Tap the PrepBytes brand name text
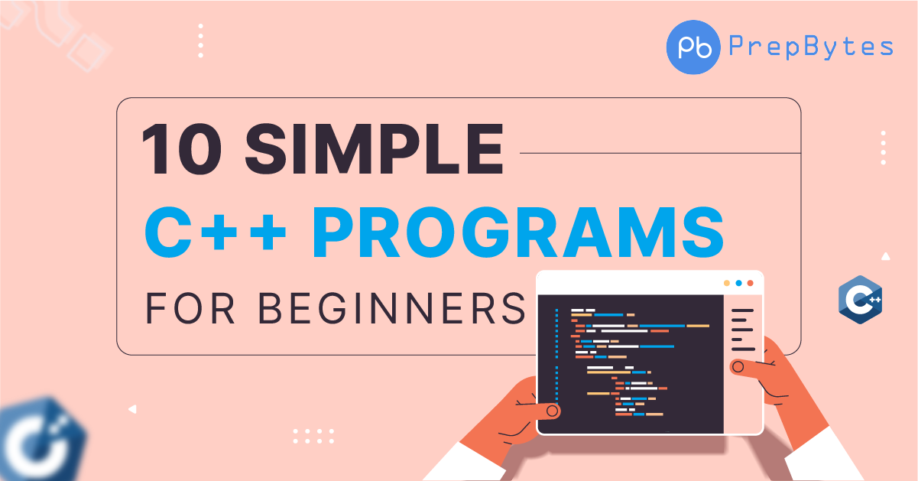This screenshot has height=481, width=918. tap(811, 47)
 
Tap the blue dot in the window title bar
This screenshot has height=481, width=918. tap(738, 283)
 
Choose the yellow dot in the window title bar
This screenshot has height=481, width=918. tap(727, 283)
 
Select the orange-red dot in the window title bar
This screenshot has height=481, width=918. tap(750, 283)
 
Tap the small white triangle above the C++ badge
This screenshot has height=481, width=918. tap(885, 257)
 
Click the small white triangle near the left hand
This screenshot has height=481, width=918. tap(132, 410)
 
